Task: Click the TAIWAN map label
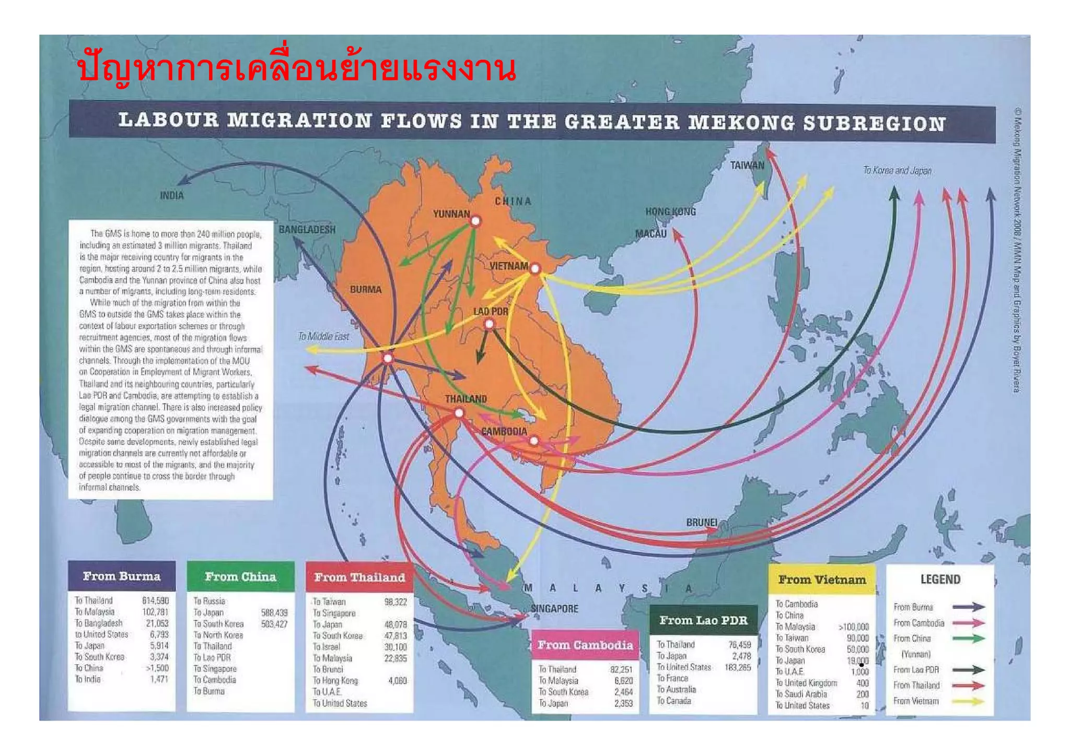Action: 747,166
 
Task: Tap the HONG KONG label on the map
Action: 670,211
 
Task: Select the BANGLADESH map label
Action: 307,230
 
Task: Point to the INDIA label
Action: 172,196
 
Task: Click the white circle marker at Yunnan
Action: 475,221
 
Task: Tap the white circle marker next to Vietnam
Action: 535,269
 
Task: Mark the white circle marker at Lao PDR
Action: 489,324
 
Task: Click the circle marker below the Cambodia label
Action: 533,441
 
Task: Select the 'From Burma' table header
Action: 121,576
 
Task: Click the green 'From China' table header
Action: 240,577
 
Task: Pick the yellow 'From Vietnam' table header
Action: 822,580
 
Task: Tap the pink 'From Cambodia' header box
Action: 585,645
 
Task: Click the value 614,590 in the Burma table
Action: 155,601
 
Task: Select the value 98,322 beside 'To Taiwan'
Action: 396,602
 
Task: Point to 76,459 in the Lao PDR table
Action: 739,645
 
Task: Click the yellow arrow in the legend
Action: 968,701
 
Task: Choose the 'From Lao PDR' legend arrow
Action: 968,670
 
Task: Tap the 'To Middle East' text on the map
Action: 323,337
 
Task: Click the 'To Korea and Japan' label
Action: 897,171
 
